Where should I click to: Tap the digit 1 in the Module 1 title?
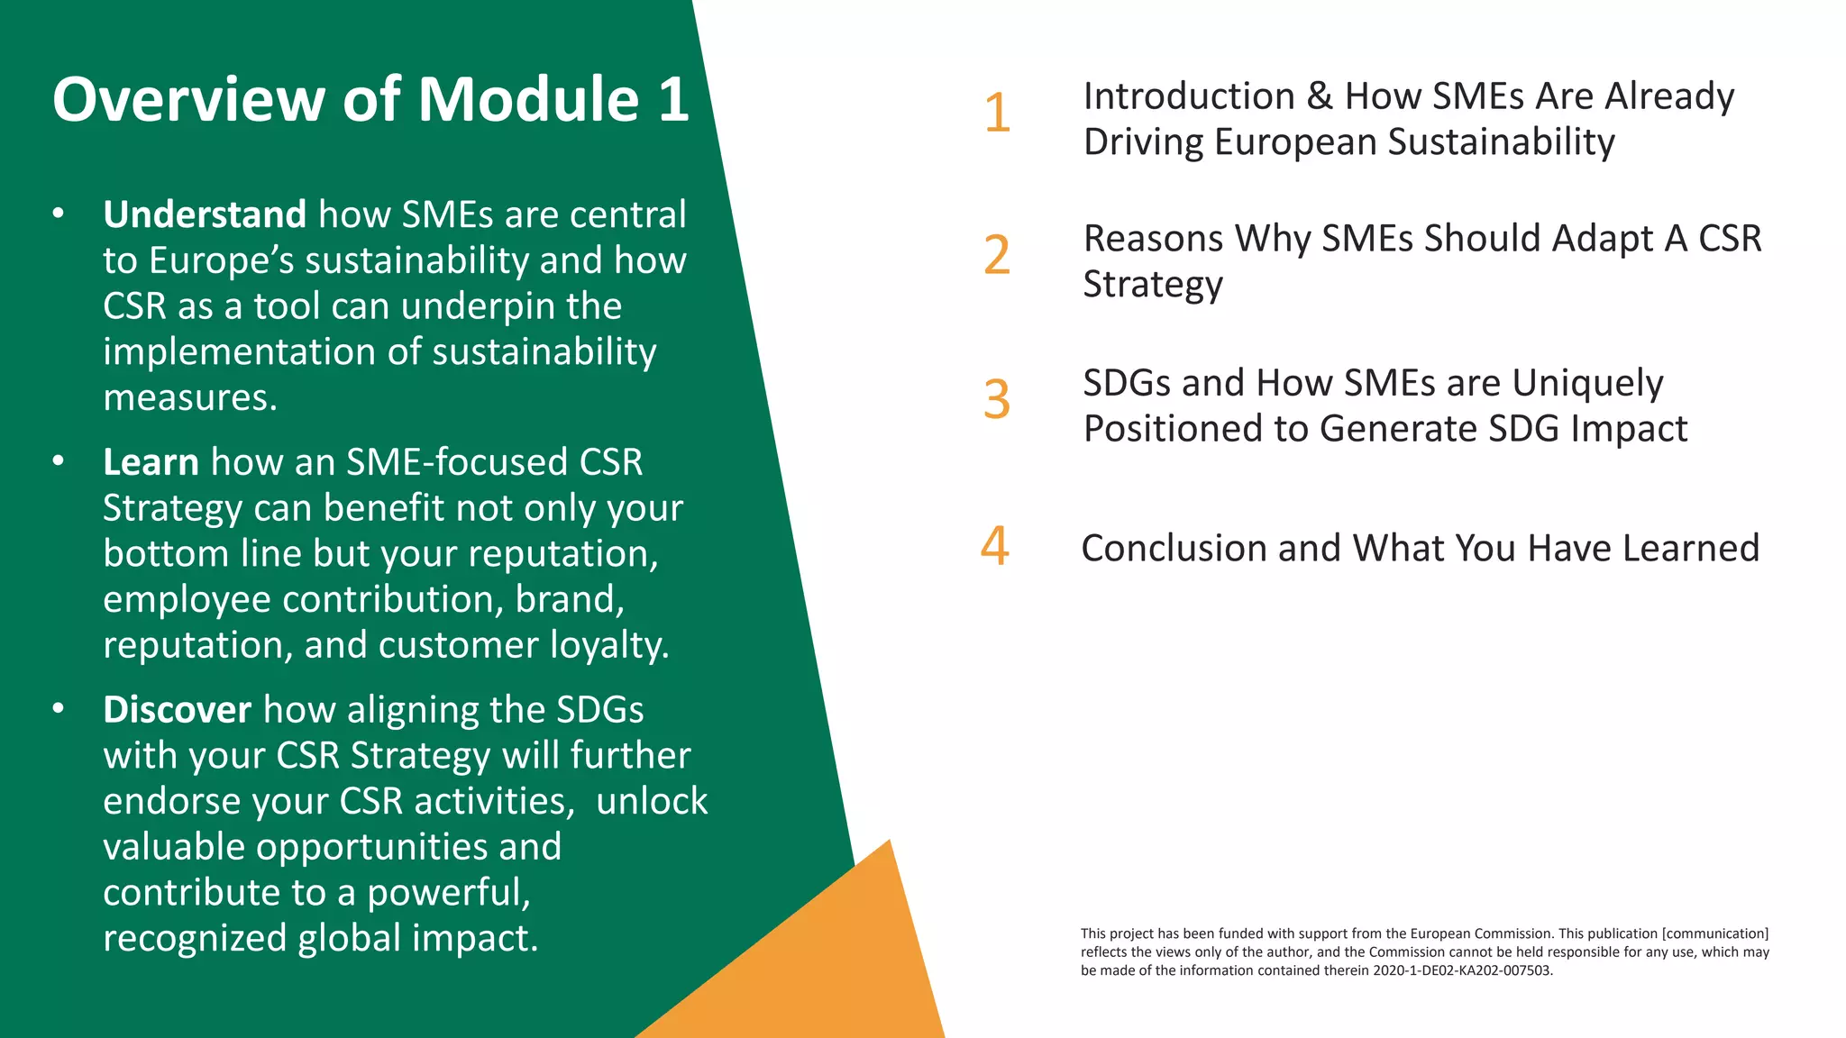(x=673, y=99)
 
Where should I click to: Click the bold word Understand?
(x=205, y=214)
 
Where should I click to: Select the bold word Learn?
(x=151, y=462)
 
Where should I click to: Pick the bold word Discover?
(x=177, y=710)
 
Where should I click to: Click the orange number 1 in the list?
(x=997, y=114)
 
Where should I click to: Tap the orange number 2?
(x=997, y=255)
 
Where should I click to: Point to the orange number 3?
(x=997, y=399)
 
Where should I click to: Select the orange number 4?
(x=995, y=546)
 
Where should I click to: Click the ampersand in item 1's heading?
(x=1320, y=96)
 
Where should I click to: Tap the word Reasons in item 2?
(x=1153, y=239)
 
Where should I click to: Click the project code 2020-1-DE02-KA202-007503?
(x=1461, y=970)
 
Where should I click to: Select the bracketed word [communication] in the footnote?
(x=1714, y=933)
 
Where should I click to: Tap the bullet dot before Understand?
(x=59, y=214)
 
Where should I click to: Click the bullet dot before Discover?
(x=59, y=709)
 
